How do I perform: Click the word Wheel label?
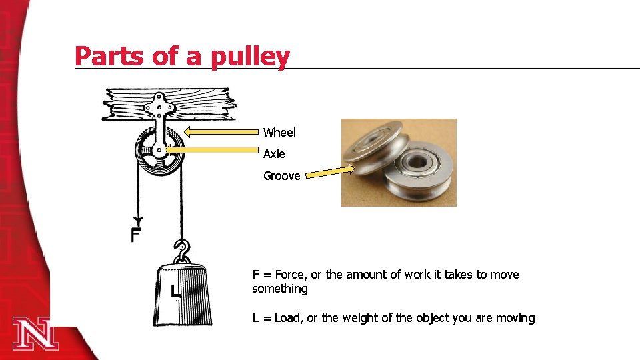[x=279, y=133]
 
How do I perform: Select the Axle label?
[x=274, y=154]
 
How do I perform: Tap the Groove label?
[x=281, y=176]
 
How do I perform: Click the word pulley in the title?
[x=250, y=56]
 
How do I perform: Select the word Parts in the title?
[x=110, y=56]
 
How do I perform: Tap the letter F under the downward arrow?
[x=136, y=235]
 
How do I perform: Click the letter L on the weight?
[x=175, y=291]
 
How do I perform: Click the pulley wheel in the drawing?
[x=159, y=152]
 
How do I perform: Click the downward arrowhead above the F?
[x=138, y=221]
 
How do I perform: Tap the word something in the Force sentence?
[x=280, y=289]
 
